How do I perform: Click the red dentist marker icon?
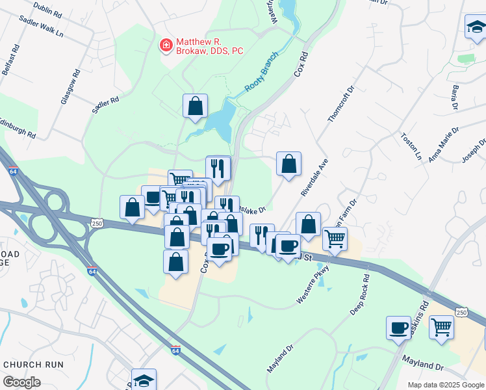[x=166, y=45]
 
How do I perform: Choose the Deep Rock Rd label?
[x=360, y=296]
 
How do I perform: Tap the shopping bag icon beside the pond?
[x=195, y=106]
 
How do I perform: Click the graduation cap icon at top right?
[x=475, y=27]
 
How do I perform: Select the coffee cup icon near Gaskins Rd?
[x=398, y=328]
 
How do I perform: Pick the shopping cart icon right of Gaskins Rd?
[x=441, y=327]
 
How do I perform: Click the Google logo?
[x=22, y=382]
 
